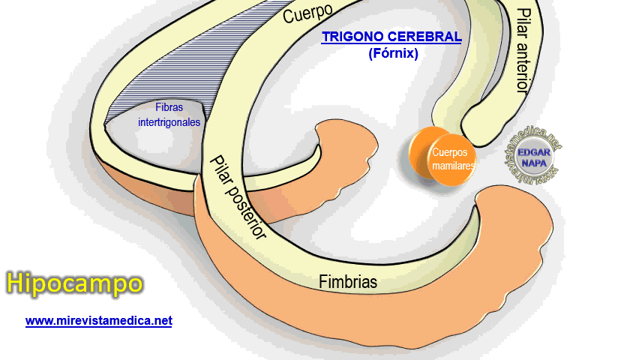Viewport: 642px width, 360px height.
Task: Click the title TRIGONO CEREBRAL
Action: pos(391,37)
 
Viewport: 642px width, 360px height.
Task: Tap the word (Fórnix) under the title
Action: pos(393,53)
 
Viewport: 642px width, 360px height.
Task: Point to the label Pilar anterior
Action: pos(522,50)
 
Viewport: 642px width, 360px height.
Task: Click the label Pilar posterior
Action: pos(239,197)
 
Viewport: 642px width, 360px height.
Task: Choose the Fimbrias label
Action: pos(348,282)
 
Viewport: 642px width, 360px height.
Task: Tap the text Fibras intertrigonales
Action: pos(169,114)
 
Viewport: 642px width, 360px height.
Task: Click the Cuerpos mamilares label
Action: pos(452,158)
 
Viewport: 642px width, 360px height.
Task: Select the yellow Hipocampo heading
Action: pos(74,283)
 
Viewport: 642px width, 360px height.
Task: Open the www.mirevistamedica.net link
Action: pos(99,320)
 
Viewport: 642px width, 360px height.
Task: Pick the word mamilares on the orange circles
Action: pos(454,165)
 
